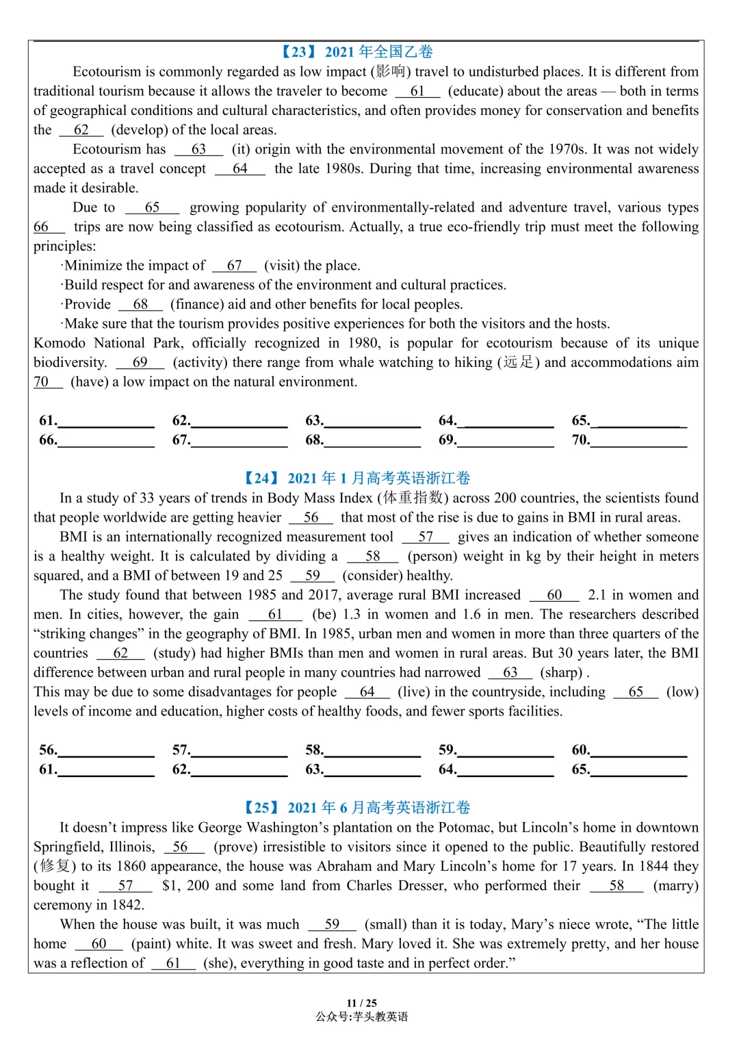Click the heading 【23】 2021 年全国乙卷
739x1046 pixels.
pos(356,52)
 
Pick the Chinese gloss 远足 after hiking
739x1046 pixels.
pos(518,362)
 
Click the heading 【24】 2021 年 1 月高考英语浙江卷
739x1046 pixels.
pos(356,478)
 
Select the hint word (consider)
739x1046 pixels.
pos(372,575)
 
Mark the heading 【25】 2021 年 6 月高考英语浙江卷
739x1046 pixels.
pos(356,808)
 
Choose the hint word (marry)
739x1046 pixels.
pos(676,885)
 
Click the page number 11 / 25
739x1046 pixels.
pos(361,1003)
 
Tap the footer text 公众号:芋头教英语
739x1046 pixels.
pos(361,1017)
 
